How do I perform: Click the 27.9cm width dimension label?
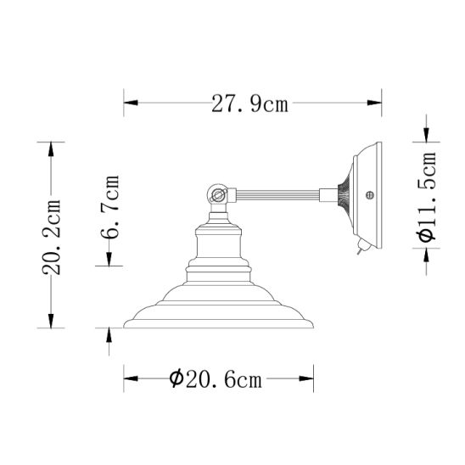pyautogui.click(x=249, y=104)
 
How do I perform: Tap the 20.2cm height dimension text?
pyautogui.click(x=53, y=236)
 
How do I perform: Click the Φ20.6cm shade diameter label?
pyautogui.click(x=216, y=379)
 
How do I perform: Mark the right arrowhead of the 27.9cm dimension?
pyautogui.click(x=376, y=104)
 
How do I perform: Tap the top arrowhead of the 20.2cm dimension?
pyautogui.click(x=53, y=148)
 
